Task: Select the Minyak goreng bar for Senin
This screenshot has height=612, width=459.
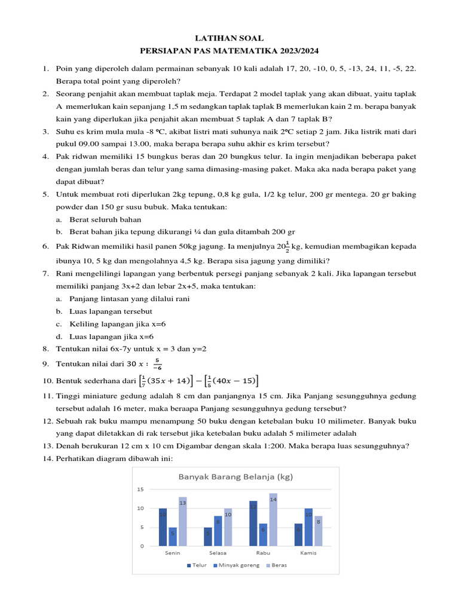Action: [173, 536]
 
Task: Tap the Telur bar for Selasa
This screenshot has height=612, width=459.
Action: [208, 536]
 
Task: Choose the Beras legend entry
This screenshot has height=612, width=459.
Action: [276, 565]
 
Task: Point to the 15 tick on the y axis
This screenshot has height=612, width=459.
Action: [140, 489]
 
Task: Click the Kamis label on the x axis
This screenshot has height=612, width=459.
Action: [308, 553]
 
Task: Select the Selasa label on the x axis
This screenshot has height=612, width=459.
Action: [218, 553]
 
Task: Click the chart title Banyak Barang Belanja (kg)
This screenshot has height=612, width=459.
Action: [235, 476]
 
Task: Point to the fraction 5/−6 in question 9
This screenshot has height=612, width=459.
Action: [157, 364]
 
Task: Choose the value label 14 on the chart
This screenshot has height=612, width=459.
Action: [273, 498]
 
